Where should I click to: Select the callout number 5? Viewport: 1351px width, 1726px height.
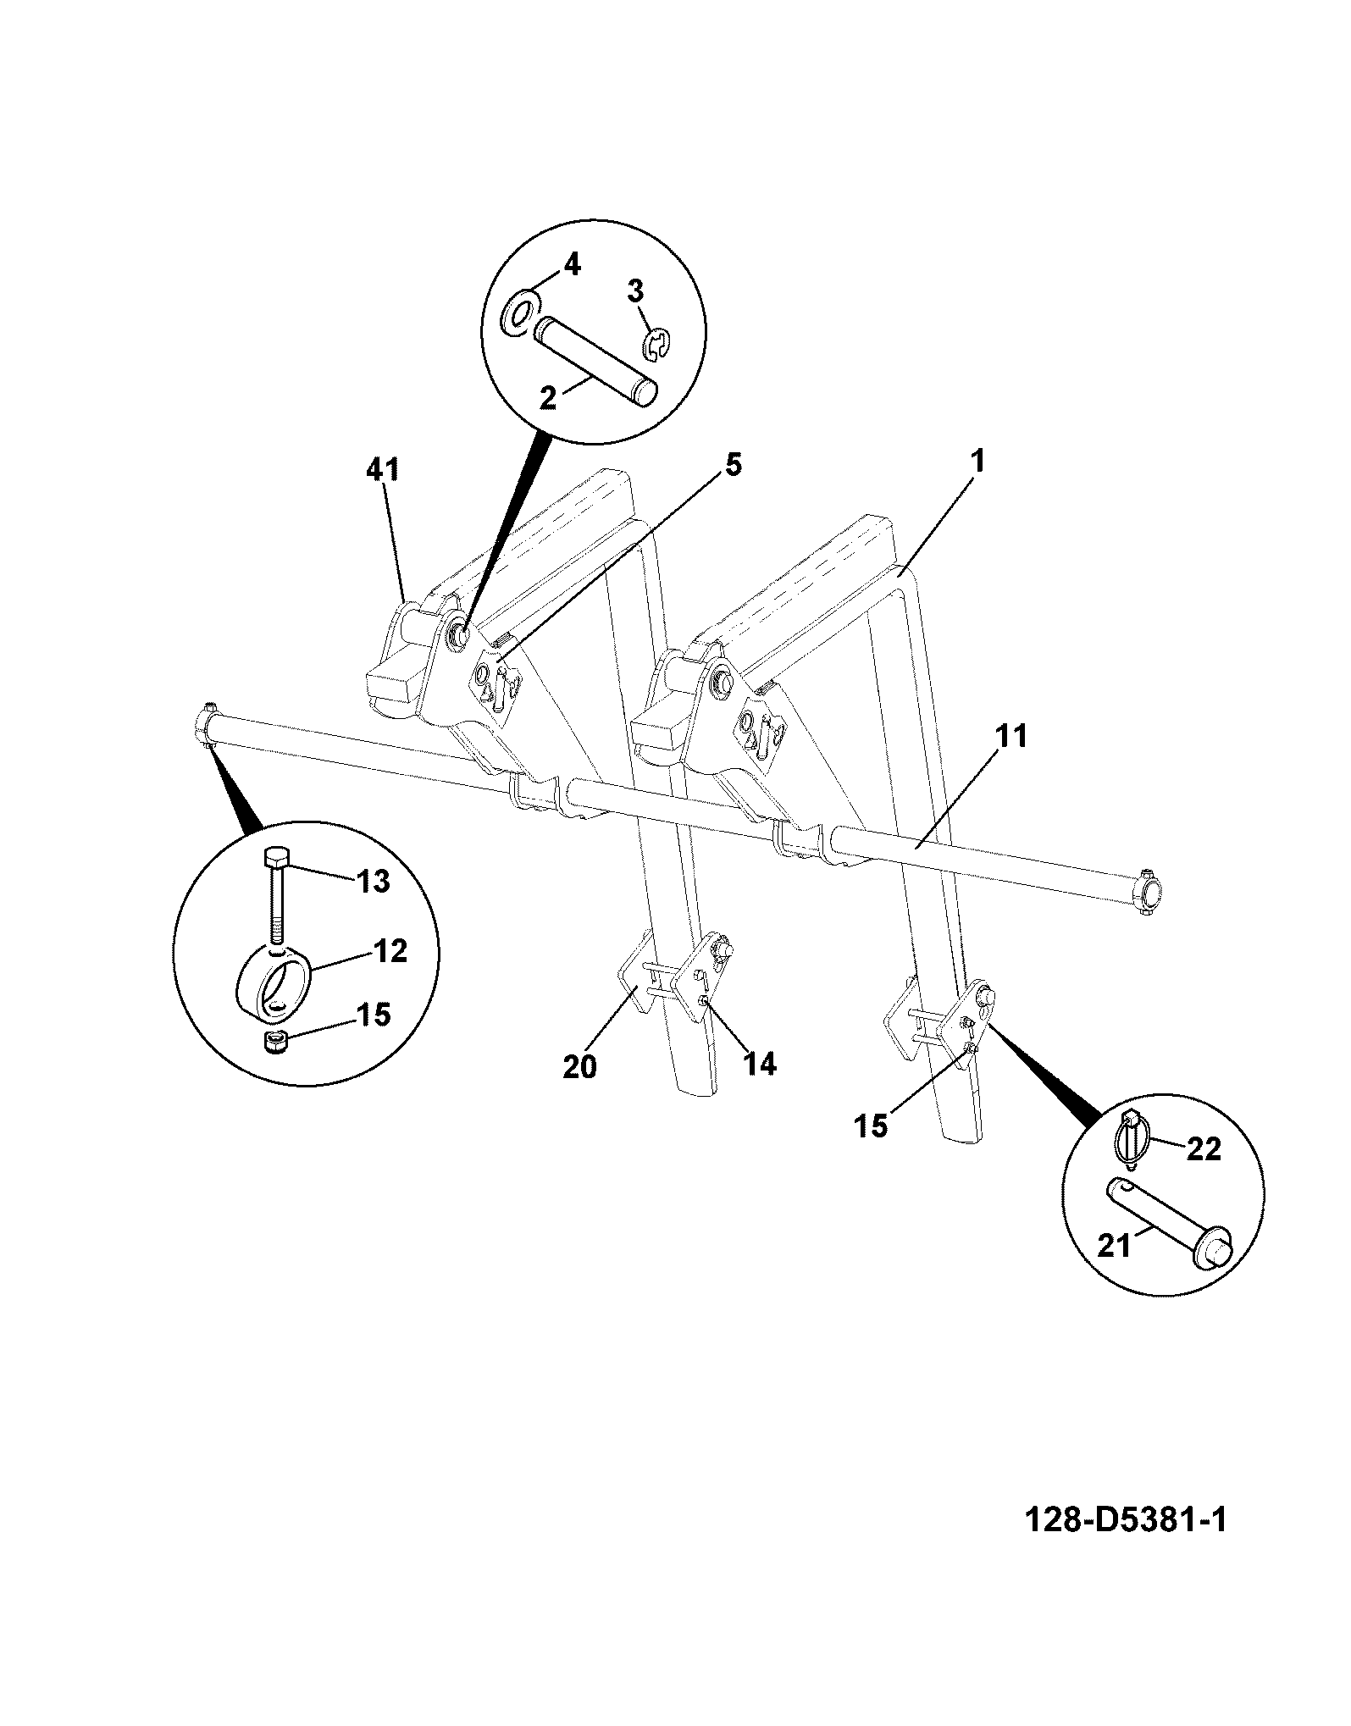733,464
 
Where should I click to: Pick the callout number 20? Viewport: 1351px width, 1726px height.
579,1066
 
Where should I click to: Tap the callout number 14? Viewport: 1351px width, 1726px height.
759,1064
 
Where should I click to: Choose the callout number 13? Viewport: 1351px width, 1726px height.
371,881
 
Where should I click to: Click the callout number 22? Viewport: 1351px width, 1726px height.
1203,1149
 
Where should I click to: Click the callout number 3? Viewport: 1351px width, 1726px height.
635,291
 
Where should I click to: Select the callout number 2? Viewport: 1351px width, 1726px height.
548,397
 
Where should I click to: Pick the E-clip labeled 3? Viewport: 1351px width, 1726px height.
656,346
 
